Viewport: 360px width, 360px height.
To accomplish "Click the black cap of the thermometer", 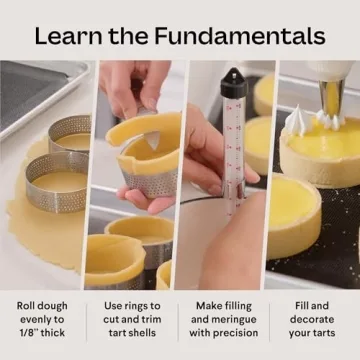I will tap(232, 81).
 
